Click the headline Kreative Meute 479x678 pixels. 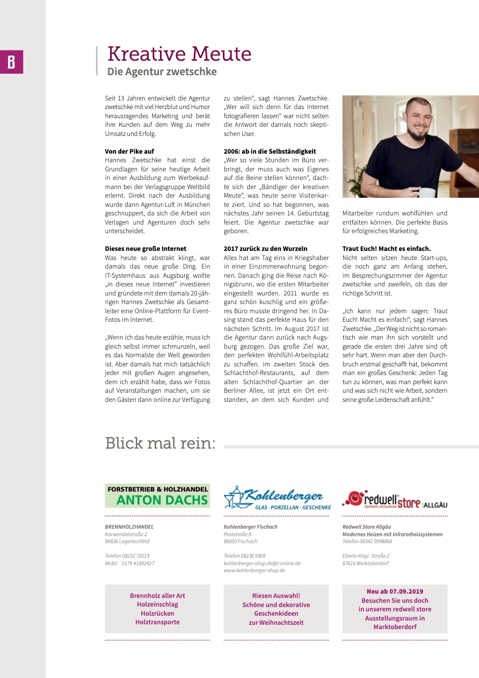pos(179,54)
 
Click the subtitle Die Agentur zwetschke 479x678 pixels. pos(162,71)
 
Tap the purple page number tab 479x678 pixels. pos(11,62)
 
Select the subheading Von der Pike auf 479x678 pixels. pos(129,152)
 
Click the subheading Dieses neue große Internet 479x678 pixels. pos(146,249)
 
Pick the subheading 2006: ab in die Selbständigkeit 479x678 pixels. pos(270,152)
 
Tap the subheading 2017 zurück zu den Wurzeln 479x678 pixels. pos(265,249)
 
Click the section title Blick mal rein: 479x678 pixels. pos(160,444)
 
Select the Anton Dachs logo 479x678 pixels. pos(157,496)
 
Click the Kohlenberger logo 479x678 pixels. pos(277,497)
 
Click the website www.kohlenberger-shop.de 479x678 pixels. pos(254,570)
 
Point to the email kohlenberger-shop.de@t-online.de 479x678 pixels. pos(262,563)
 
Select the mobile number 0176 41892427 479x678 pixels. pos(137,563)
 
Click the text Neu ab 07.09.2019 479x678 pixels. pos(395,592)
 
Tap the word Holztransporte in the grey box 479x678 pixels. pos(157,622)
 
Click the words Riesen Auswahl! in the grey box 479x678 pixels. pos(276,596)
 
